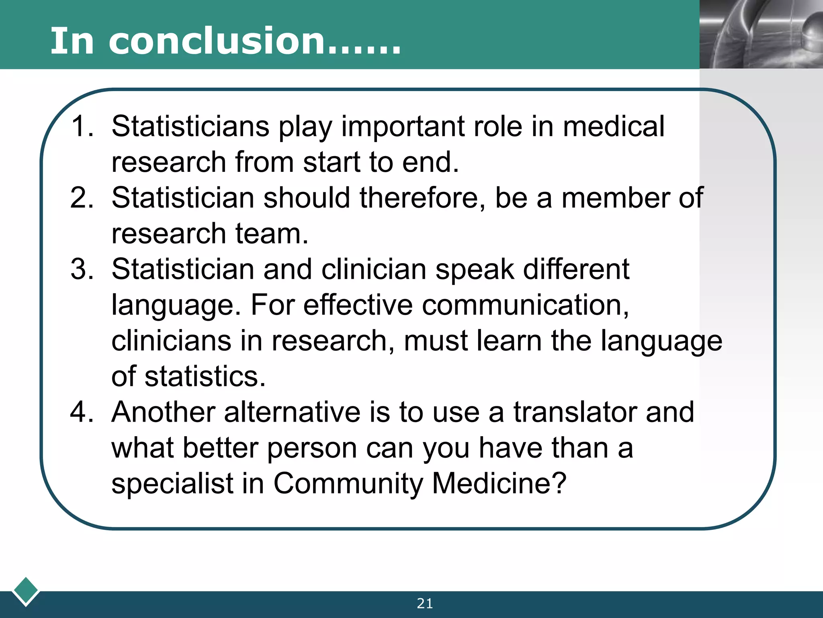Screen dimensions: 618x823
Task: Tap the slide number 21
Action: [x=425, y=604]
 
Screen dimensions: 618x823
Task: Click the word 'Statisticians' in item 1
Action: [x=190, y=126]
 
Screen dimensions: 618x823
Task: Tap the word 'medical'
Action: [x=613, y=126]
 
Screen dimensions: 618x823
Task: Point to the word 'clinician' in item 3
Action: [x=374, y=269]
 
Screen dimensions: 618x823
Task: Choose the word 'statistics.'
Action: [x=205, y=377]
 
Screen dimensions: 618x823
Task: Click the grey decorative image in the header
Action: [x=761, y=34]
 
